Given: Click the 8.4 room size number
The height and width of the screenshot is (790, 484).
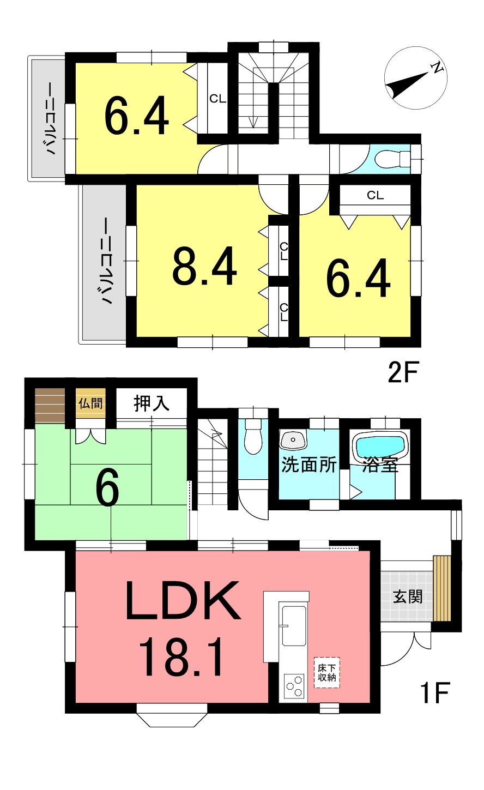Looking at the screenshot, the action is (x=204, y=266).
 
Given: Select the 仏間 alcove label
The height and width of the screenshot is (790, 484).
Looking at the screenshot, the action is (x=90, y=403).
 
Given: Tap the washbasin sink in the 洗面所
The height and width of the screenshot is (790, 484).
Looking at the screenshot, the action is (x=293, y=439).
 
